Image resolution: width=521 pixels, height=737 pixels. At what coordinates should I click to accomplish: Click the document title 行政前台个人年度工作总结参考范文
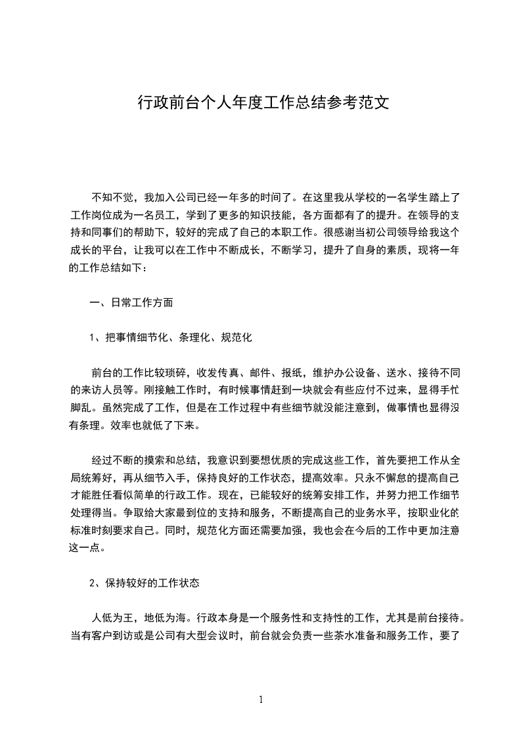tap(263, 103)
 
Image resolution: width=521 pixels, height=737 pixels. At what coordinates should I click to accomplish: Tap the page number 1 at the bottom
tap(261, 700)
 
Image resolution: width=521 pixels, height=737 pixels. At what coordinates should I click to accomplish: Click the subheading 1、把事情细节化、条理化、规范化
tap(171, 338)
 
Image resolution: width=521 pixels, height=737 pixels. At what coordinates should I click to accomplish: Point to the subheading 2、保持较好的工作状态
tap(144, 583)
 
